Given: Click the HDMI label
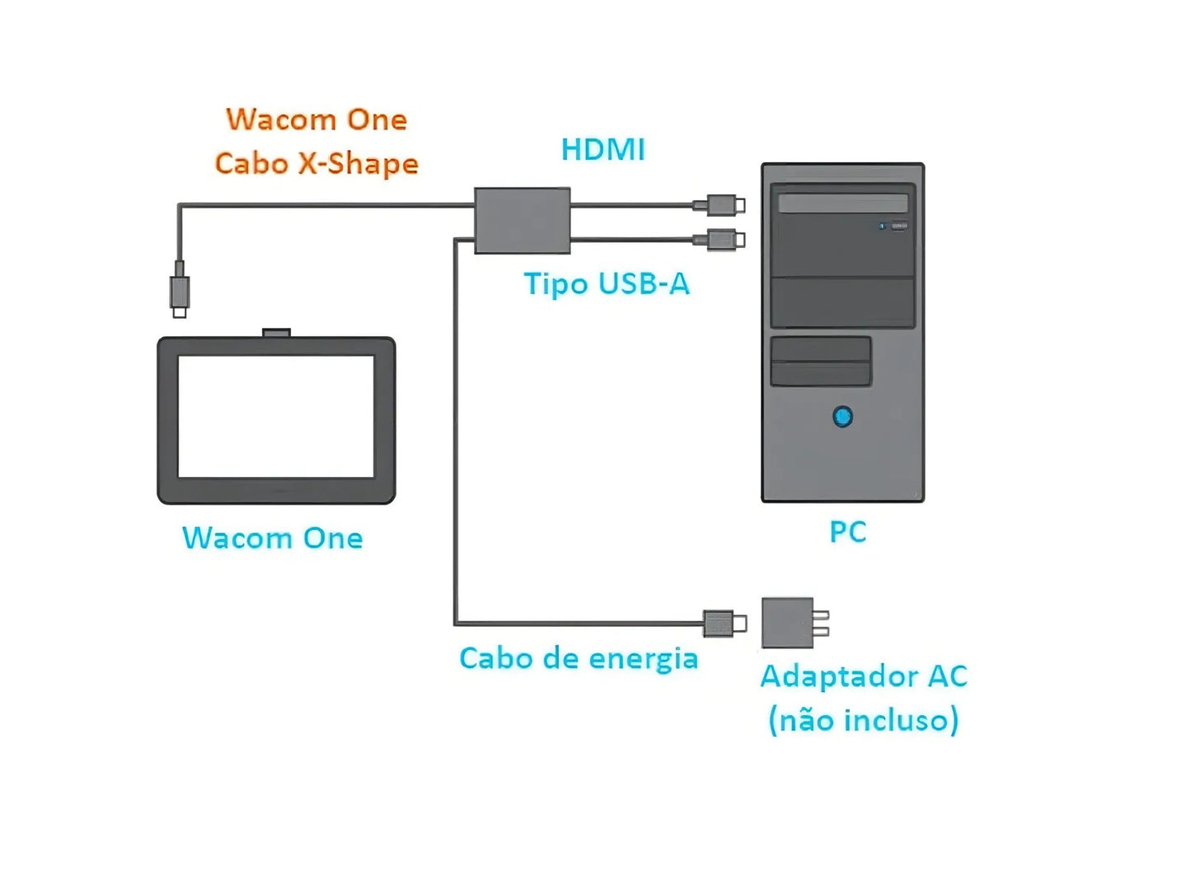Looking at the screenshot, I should [x=603, y=150].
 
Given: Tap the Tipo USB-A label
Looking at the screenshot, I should [x=607, y=284].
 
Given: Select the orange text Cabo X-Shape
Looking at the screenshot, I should [x=317, y=164].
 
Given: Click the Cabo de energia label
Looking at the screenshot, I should [x=579, y=659].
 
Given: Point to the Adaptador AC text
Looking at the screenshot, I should [x=863, y=676].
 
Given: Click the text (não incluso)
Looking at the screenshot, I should [x=863, y=720].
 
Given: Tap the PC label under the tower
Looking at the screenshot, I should [x=847, y=532].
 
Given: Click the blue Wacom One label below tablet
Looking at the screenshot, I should [x=273, y=539].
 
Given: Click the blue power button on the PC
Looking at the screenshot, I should [x=842, y=417].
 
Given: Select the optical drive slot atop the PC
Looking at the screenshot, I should [x=842, y=203].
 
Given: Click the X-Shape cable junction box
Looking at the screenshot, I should [x=522, y=220].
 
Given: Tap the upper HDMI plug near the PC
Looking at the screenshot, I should [x=723, y=205].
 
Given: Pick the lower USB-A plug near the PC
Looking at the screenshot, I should [x=723, y=240].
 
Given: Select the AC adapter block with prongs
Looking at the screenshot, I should [x=788, y=623].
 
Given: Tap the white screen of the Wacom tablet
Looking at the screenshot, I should [x=276, y=416].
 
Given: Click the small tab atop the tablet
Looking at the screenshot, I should [x=276, y=333].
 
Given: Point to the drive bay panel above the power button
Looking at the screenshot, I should [x=820, y=361].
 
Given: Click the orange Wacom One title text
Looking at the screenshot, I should [x=317, y=120].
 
